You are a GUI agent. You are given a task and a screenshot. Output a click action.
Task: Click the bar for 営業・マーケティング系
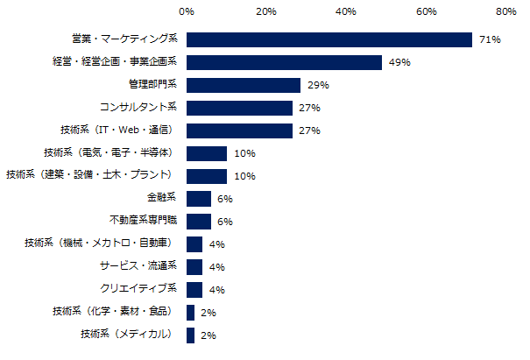329,39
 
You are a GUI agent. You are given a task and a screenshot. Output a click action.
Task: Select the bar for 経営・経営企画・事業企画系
285,62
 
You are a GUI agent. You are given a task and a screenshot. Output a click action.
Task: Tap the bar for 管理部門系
244,85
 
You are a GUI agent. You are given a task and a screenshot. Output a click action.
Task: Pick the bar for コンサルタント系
239,108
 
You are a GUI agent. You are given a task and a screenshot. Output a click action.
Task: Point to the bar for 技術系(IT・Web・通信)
239,131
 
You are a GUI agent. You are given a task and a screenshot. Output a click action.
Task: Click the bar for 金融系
199,198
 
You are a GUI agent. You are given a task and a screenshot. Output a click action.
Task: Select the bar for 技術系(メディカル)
191,335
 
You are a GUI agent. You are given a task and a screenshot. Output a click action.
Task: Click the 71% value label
489,40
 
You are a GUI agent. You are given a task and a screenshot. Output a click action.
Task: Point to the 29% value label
318,86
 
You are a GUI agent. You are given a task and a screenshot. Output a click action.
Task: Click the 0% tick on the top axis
187,12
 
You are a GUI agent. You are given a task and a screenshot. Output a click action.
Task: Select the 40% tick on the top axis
346,12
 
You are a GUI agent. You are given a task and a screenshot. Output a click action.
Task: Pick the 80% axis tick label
505,12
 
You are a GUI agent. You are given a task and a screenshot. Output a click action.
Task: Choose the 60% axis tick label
426,12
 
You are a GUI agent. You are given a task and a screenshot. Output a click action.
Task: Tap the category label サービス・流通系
139,266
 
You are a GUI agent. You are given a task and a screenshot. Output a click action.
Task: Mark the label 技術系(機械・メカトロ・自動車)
99,244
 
